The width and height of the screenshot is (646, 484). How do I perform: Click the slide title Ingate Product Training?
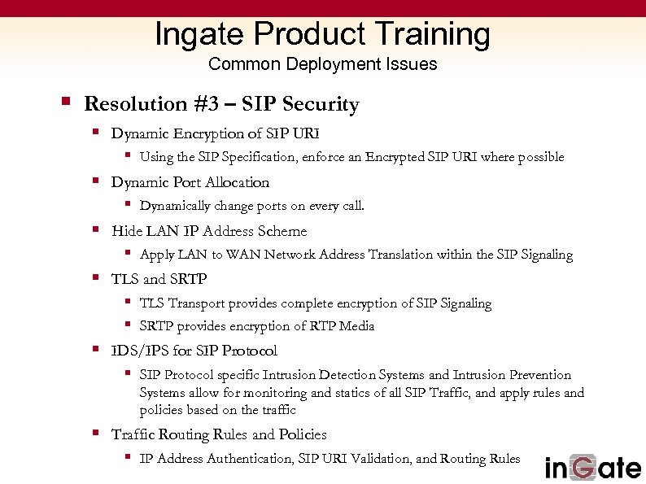322,34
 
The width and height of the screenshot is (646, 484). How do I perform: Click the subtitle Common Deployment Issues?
322,64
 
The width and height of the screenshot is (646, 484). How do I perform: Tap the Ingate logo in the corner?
592,468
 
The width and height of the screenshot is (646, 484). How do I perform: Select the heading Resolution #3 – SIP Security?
221,104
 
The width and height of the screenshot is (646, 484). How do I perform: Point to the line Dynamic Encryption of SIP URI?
216,133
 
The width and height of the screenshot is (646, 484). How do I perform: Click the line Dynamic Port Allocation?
190,182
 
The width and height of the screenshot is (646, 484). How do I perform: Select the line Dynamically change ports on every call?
252,206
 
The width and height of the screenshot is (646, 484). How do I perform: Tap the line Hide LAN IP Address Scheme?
209,231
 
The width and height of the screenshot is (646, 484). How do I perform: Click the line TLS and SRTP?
159,279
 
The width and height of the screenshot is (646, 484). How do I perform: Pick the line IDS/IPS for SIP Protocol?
194,351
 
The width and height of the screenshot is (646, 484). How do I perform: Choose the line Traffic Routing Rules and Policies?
219,434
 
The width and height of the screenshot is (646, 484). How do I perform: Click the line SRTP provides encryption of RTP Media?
257,326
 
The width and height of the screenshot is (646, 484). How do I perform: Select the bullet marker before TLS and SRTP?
95,278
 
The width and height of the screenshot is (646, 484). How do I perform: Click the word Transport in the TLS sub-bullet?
196,303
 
